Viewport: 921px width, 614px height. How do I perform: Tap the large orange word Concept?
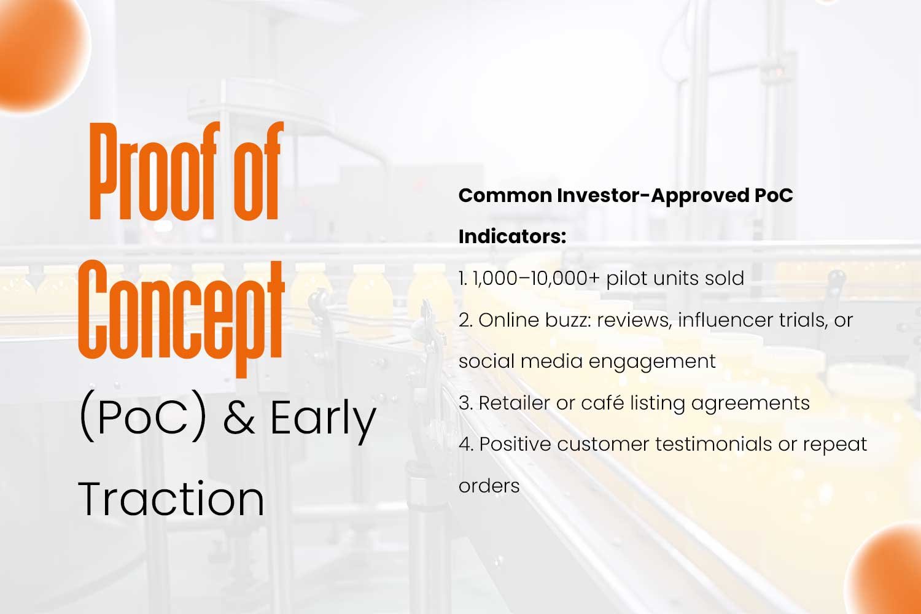point(181,319)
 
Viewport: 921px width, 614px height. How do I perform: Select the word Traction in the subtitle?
point(171,499)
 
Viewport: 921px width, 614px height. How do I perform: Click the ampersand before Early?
point(239,418)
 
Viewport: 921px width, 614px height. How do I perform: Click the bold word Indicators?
point(512,236)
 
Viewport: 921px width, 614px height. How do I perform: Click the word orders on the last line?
point(489,486)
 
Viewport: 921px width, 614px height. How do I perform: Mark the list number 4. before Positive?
point(466,445)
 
